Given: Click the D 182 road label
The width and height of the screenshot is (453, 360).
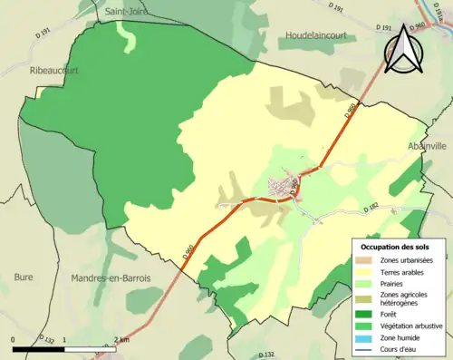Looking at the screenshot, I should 370,209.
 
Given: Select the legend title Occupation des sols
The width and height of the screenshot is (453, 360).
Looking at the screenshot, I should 397,247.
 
